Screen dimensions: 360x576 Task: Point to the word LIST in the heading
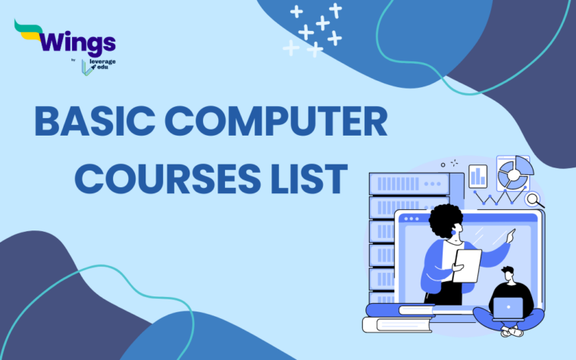click(311, 181)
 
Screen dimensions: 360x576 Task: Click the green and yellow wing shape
click(30, 30)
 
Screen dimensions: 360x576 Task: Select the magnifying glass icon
click(535, 199)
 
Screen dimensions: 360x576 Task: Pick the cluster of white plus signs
click(315, 30)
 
